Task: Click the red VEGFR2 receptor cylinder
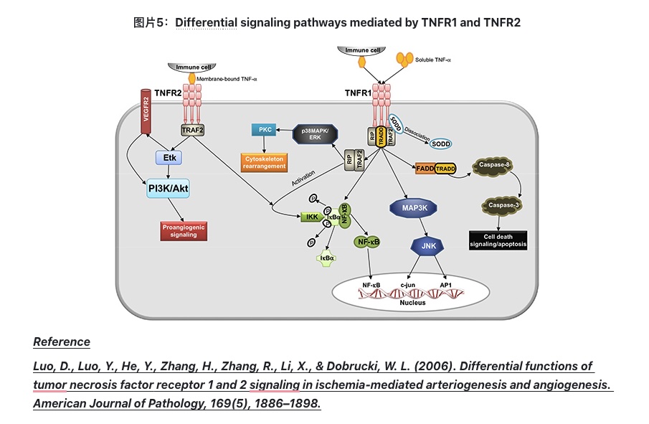coord(145,112)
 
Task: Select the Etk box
coord(169,157)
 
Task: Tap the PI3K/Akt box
coord(169,189)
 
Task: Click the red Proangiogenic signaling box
coord(183,230)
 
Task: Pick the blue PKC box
coord(262,131)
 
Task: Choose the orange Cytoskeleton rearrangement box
coord(263,162)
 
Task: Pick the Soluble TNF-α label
coord(433,60)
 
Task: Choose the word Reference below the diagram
coord(62,341)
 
